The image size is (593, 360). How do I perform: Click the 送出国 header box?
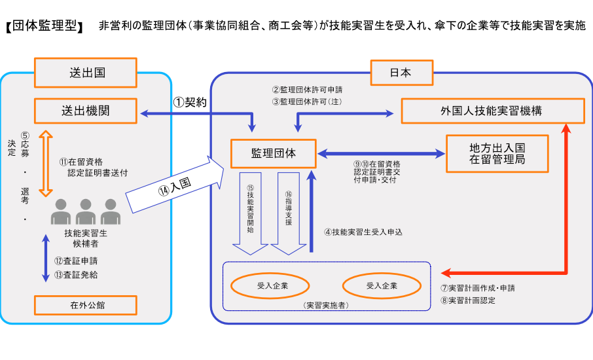[x=85, y=73]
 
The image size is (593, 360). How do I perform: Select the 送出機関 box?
[x=85, y=111]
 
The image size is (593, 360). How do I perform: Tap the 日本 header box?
[x=401, y=73]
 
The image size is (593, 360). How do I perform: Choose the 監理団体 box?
[x=274, y=154]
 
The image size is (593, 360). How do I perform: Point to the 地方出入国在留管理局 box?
[x=497, y=154]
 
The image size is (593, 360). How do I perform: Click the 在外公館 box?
[x=85, y=305]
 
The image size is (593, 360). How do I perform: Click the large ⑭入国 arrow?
[x=175, y=186]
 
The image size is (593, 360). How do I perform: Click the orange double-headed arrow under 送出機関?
[x=45, y=162]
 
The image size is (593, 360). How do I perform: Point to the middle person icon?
[x=86, y=211]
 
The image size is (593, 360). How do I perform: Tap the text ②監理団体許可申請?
[x=307, y=89]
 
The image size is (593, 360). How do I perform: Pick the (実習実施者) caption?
[x=327, y=305]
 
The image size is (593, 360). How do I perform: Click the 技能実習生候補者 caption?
[x=86, y=238]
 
